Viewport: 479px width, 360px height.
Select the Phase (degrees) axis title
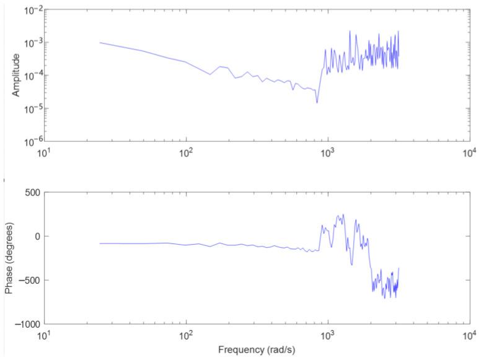click(9, 258)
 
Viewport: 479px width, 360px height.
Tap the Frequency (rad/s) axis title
click(257, 350)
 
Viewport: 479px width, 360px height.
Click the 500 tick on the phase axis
click(32, 193)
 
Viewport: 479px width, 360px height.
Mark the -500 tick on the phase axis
click(30, 280)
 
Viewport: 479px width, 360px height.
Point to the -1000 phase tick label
click(28, 324)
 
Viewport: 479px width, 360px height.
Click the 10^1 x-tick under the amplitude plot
click(44, 152)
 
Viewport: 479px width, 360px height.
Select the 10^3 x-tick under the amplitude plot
click(327, 152)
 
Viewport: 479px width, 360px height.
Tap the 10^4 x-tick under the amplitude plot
click(469, 152)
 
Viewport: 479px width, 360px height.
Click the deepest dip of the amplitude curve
click(317, 103)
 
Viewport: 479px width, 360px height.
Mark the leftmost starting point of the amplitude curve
click(100, 43)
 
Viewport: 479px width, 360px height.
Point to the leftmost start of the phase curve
click(100, 244)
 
